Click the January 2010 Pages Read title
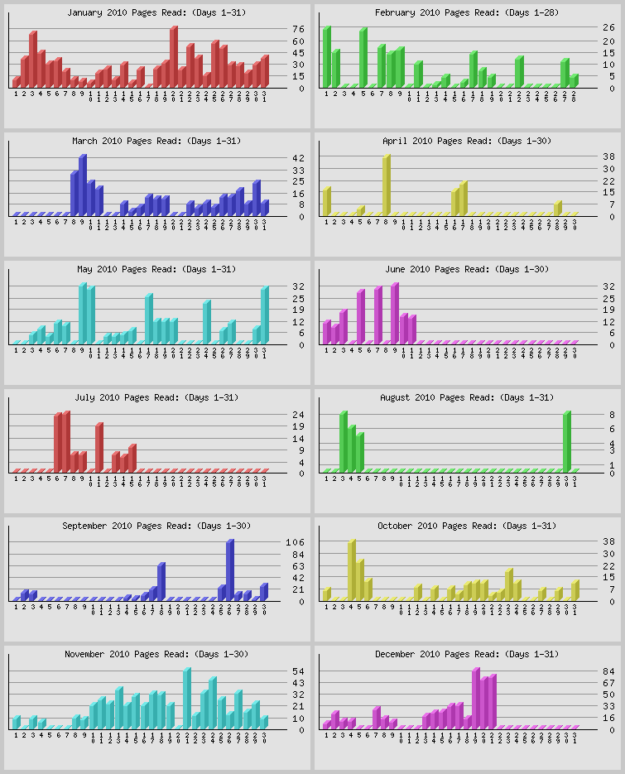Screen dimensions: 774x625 click(156, 13)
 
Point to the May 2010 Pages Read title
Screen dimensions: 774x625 click(156, 270)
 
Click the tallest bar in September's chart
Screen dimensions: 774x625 click(230, 570)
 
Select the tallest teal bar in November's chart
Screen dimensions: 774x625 click(187, 697)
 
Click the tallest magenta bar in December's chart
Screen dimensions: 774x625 click(476, 697)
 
